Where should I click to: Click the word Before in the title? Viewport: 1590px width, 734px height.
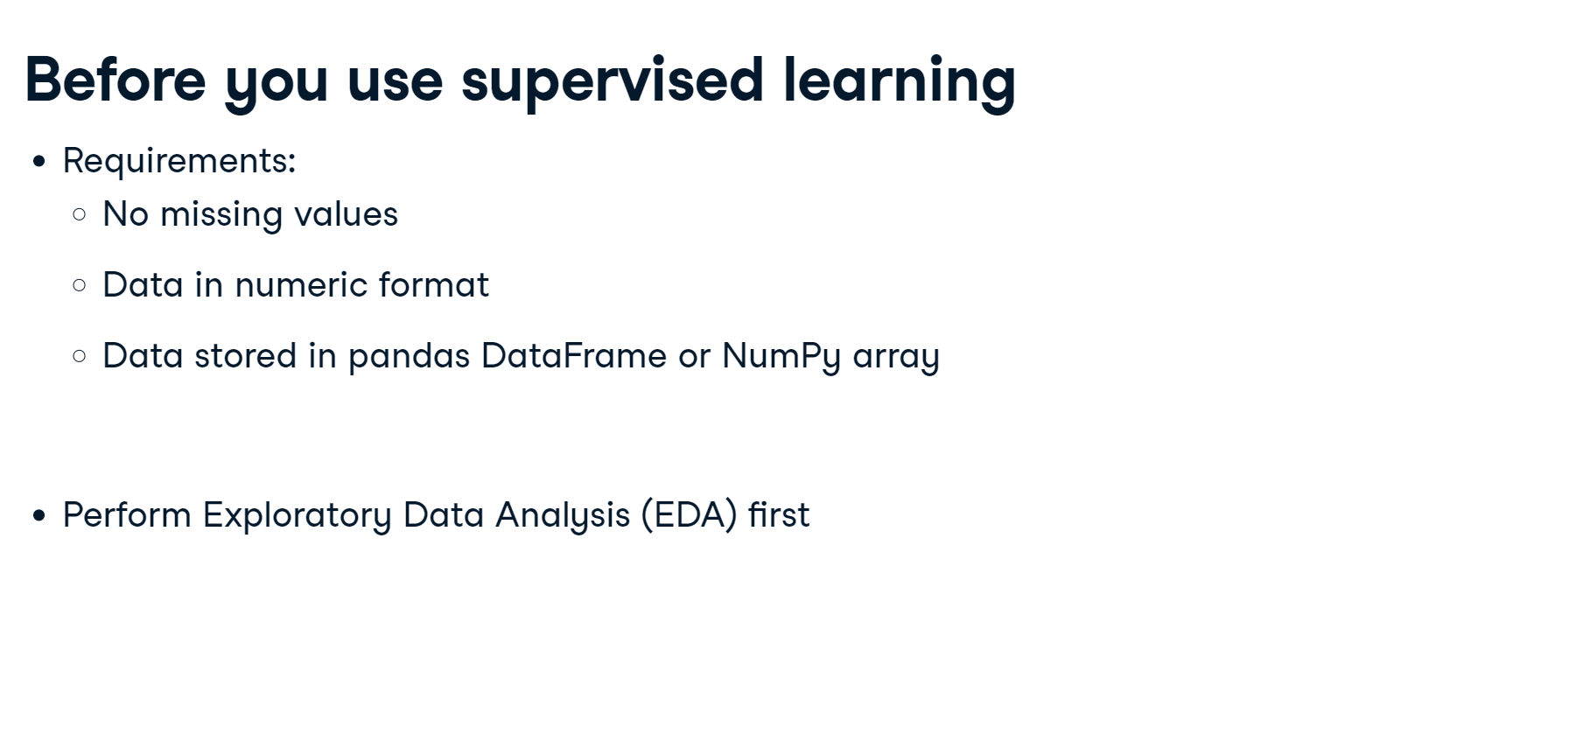(x=116, y=80)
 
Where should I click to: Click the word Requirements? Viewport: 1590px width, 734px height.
(x=179, y=162)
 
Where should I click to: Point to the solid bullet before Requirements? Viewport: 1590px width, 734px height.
(x=39, y=162)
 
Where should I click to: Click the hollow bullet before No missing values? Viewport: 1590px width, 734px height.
(x=80, y=214)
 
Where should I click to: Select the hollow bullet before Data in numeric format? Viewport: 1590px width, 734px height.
(x=80, y=285)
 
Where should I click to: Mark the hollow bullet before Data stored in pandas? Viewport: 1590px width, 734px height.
(x=80, y=356)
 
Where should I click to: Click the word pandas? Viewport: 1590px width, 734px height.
(x=410, y=357)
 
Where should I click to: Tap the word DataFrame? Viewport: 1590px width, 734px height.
(x=574, y=356)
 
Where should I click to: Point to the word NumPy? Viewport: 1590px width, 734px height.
(x=781, y=357)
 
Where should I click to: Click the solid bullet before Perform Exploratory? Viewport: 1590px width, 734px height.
(x=39, y=516)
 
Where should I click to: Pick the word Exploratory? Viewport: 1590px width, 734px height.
(x=298, y=516)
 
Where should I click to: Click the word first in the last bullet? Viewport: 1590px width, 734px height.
(x=779, y=514)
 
